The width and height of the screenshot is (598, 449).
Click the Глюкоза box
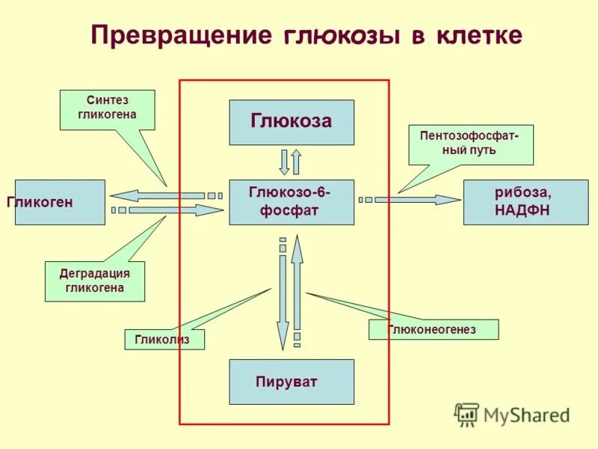click(292, 122)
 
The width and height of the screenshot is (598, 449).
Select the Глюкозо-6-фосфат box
click(292, 202)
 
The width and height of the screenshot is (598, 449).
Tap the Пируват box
click(292, 382)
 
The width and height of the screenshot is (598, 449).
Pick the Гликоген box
click(60, 202)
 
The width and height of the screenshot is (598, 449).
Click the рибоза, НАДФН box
click(521, 202)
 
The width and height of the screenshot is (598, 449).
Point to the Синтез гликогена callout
click(107, 109)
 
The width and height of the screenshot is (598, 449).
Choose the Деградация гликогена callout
click(95, 281)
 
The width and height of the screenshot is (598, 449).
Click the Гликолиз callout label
click(164, 340)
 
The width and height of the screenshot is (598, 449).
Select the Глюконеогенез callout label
click(433, 329)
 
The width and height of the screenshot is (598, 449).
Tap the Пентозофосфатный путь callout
click(470, 144)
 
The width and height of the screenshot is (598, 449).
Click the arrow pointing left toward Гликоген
click(161, 195)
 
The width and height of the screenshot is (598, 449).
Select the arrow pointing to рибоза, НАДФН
click(419, 200)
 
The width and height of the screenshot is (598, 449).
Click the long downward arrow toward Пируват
click(283, 299)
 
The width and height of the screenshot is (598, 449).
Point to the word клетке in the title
click(475, 36)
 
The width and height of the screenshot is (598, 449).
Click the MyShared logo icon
click(466, 414)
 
